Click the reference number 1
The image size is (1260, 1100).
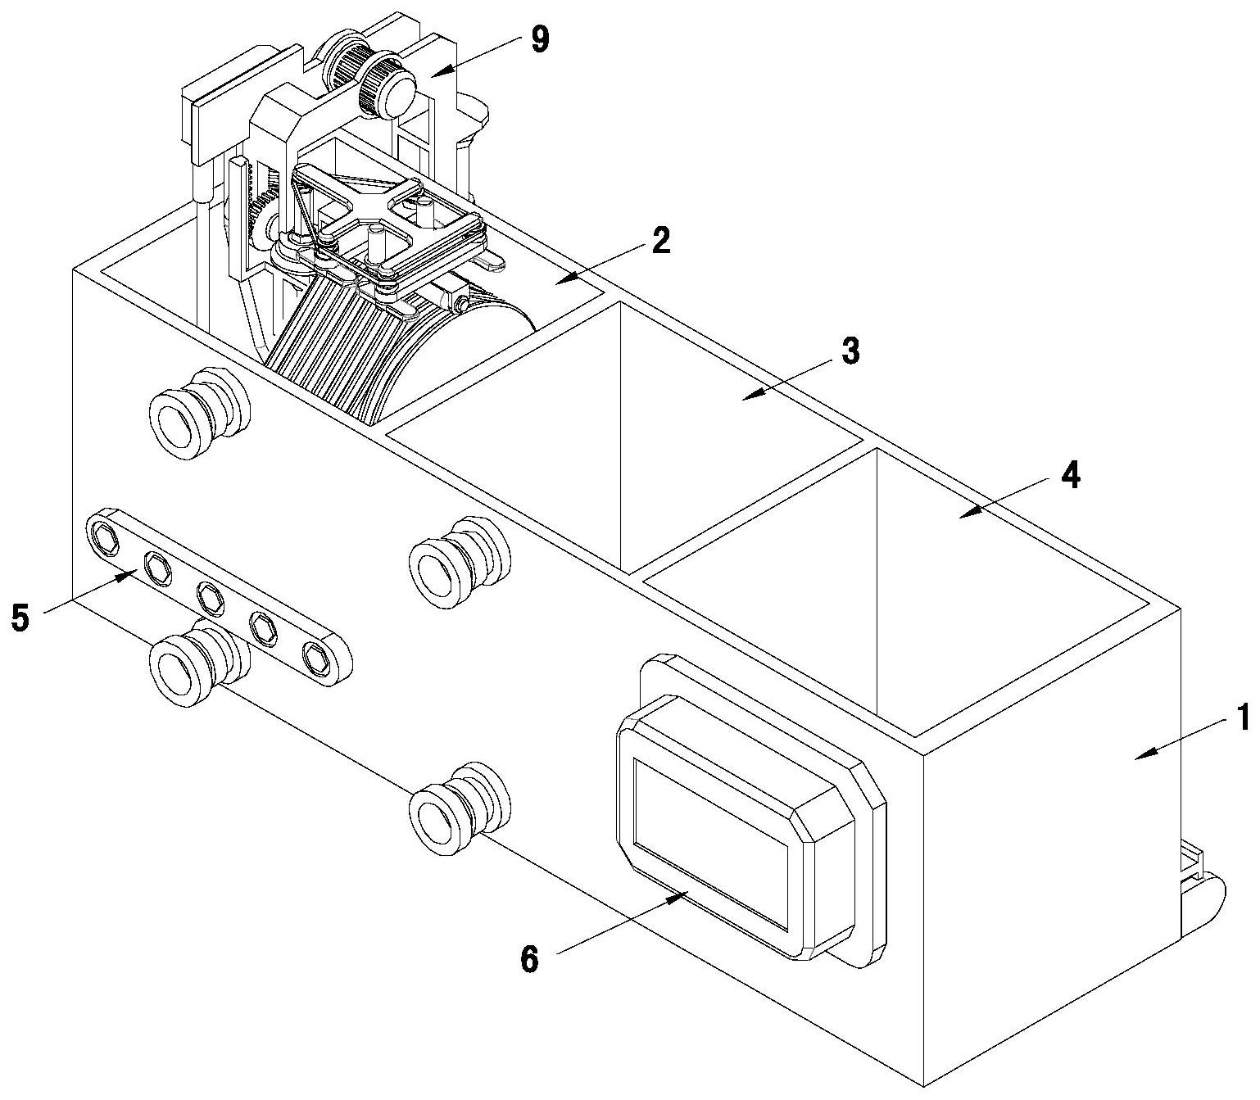[1243, 717]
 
